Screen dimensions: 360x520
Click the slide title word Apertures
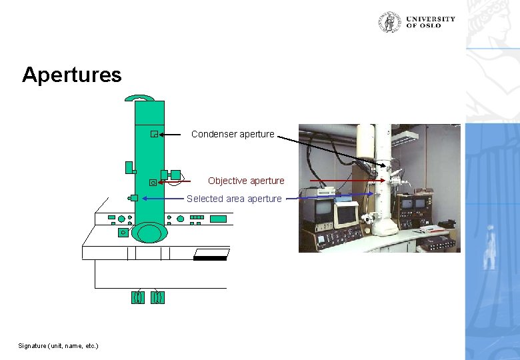pyautogui.click(x=72, y=74)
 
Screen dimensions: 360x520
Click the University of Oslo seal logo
pyautogui.click(x=390, y=22)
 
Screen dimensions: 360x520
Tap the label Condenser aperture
pyautogui.click(x=233, y=134)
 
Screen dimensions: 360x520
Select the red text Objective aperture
pyautogui.click(x=246, y=181)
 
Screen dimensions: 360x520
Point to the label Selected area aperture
pyautogui.click(x=234, y=199)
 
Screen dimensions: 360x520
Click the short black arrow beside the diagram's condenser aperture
pyautogui.click(x=171, y=135)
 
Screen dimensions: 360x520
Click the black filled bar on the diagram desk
pyautogui.click(x=210, y=258)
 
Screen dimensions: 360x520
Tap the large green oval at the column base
pyautogui.click(x=149, y=233)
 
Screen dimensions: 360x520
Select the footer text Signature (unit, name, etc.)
pyautogui.click(x=58, y=345)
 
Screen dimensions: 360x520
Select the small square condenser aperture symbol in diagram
pyautogui.click(x=153, y=135)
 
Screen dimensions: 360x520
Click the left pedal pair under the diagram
pyautogui.click(x=138, y=297)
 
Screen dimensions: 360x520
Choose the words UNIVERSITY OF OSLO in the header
pyautogui.click(x=430, y=22)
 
